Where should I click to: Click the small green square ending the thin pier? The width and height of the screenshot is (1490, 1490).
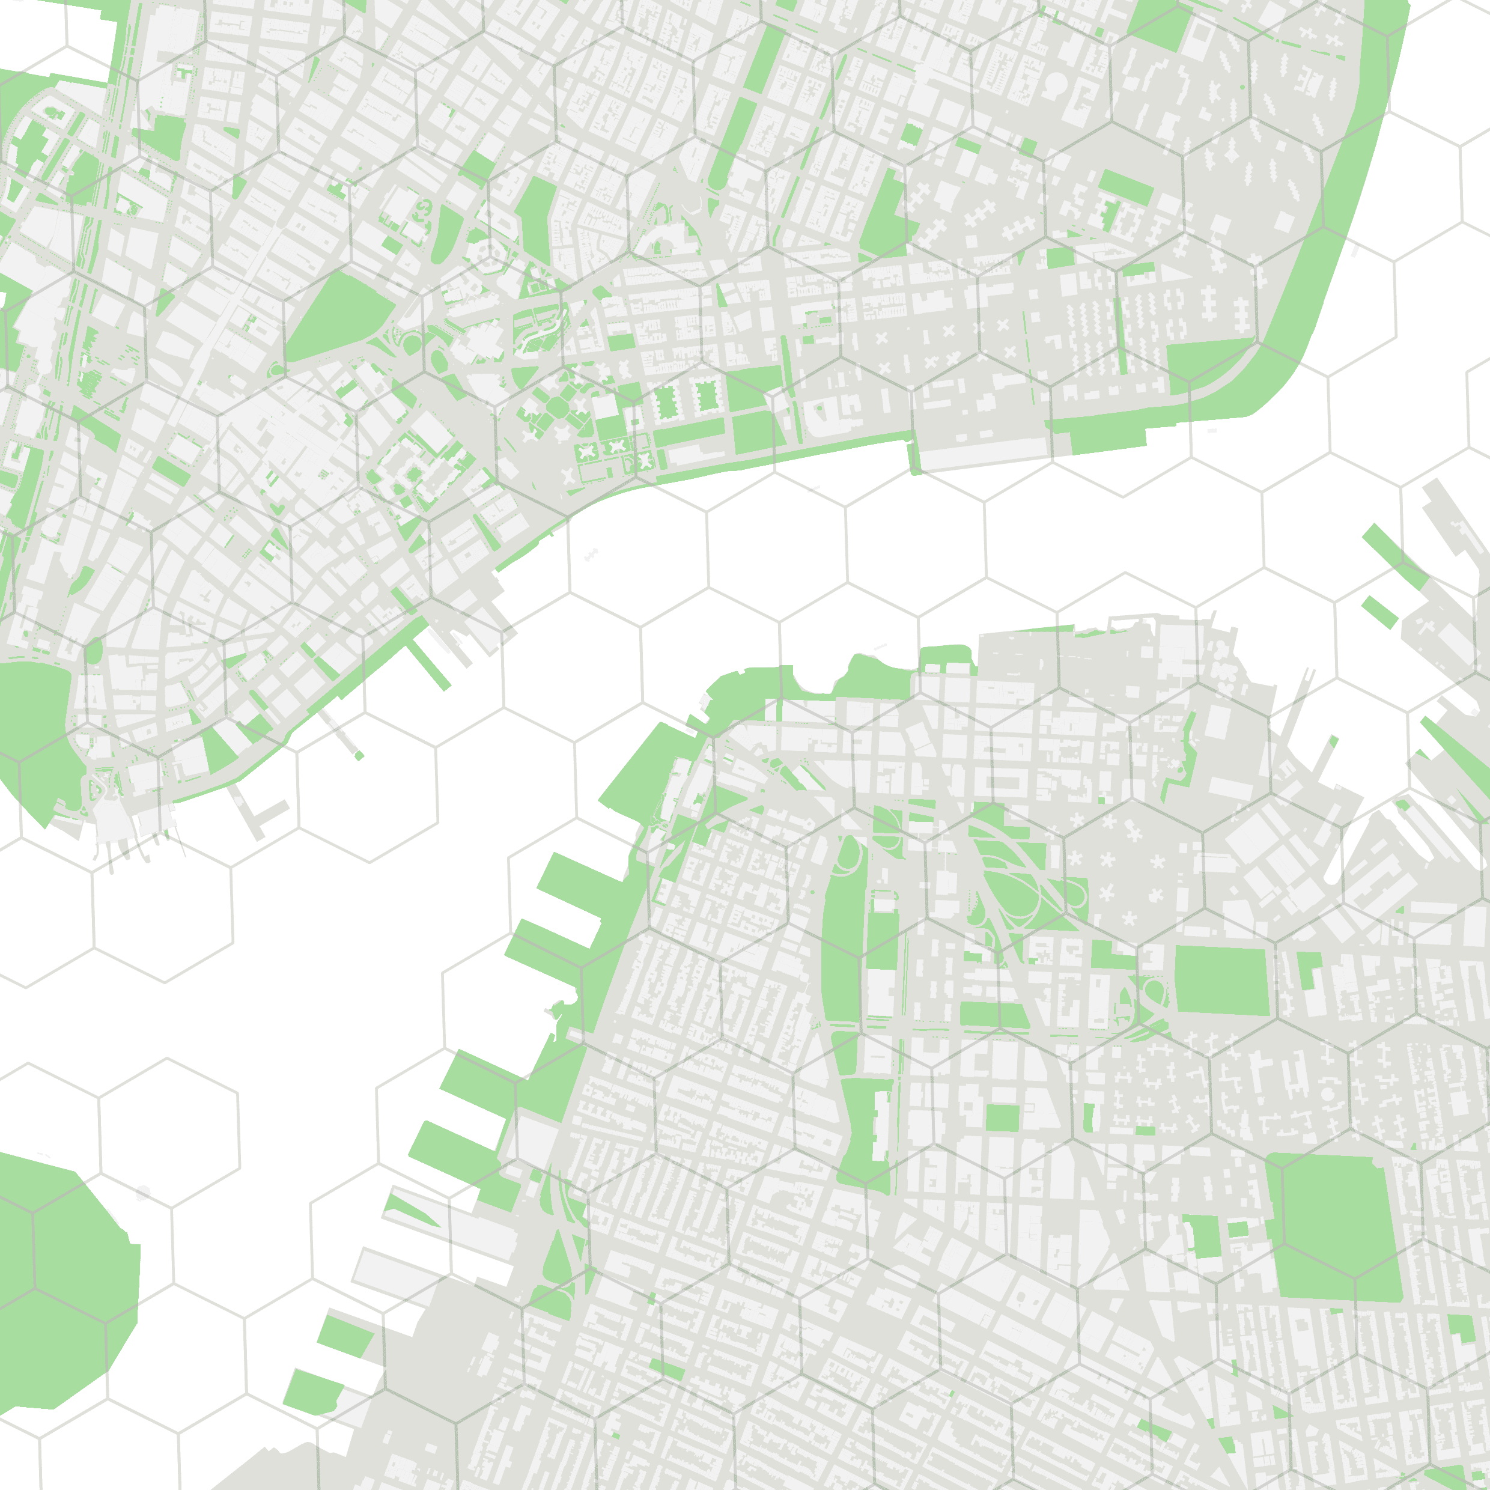(359, 756)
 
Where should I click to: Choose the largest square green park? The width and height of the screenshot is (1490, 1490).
(1334, 1226)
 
